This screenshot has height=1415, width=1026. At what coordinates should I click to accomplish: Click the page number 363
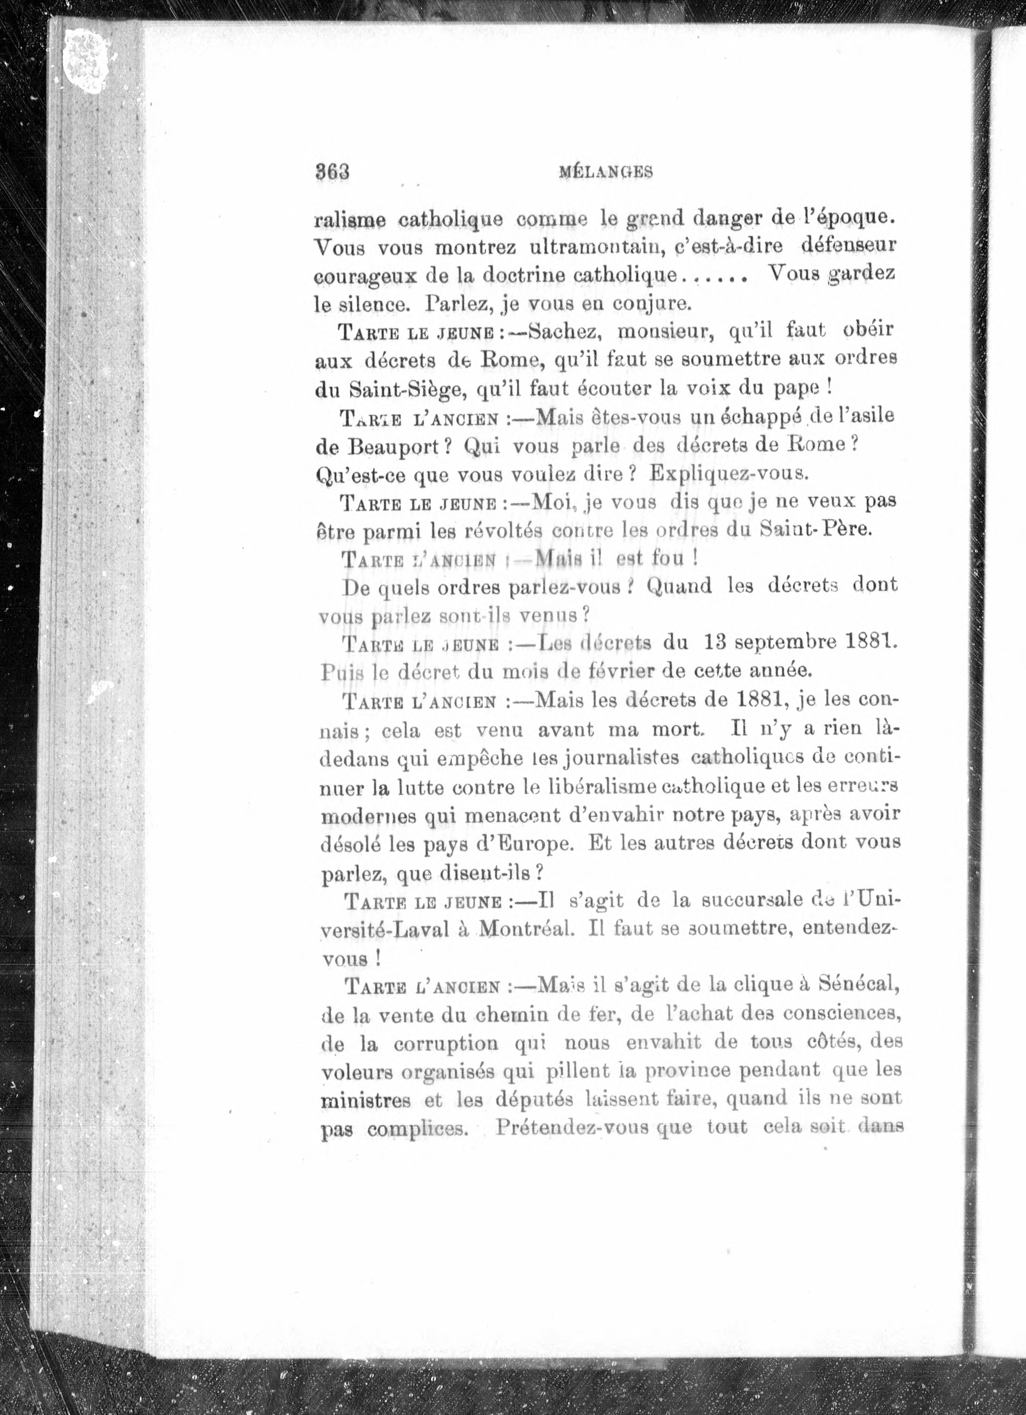(x=332, y=172)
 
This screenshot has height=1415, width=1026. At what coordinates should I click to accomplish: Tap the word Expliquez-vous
(x=728, y=474)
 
